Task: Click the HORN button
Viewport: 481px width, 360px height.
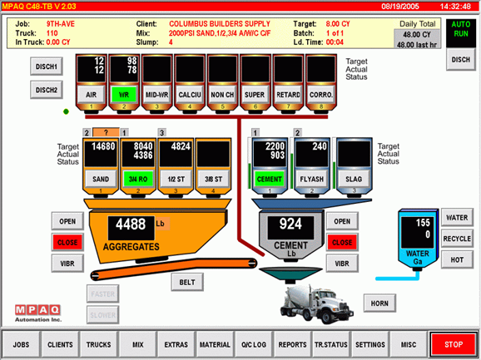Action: (379, 303)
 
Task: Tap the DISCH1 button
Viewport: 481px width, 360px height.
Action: (47, 67)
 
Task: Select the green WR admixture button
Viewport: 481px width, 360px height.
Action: (124, 95)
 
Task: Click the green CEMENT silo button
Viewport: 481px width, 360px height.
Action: (269, 180)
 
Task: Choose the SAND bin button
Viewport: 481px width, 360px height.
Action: (101, 180)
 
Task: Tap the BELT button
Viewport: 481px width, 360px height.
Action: (186, 282)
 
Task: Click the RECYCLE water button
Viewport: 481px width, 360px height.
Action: (457, 239)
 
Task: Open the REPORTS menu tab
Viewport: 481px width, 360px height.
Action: (292, 345)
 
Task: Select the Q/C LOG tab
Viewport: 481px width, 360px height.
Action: (253, 345)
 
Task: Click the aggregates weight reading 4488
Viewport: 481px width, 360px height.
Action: (131, 224)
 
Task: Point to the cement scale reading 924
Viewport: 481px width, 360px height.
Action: (290, 224)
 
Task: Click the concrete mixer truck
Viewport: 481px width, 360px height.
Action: (316, 304)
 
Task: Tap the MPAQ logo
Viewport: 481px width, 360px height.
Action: (37, 313)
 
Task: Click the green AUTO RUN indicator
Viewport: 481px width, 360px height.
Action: (461, 29)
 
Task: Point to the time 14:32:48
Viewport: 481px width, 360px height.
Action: (455, 7)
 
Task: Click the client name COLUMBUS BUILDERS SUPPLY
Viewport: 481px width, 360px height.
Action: (220, 24)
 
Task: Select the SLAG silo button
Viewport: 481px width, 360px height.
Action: (354, 180)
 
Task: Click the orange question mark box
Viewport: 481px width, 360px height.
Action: (106, 132)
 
